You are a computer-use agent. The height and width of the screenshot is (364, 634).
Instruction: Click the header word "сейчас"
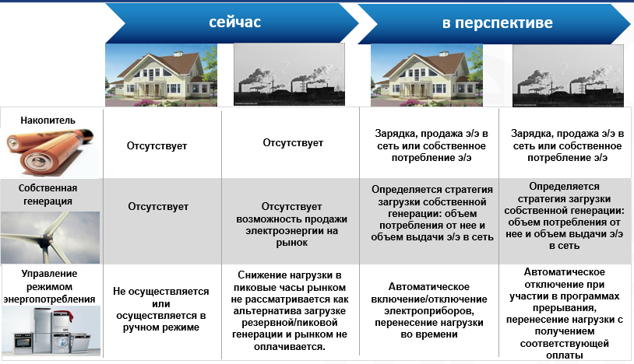tap(234, 23)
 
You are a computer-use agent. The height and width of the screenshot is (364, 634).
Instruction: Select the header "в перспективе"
tap(498, 23)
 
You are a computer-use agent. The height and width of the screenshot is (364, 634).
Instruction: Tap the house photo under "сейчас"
tap(161, 75)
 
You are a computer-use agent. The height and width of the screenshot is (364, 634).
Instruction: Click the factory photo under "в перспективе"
tap(568, 75)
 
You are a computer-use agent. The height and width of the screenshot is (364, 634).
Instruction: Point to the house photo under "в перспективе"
tap(427, 75)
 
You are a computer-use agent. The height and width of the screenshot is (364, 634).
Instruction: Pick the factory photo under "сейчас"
tap(289, 75)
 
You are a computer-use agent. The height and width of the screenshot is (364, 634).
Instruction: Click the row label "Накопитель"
tap(48, 121)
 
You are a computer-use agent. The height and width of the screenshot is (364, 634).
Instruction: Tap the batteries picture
tap(50, 152)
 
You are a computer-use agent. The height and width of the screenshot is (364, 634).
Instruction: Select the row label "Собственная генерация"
tap(48, 194)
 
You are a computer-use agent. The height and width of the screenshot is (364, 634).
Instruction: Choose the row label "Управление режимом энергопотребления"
tap(49, 286)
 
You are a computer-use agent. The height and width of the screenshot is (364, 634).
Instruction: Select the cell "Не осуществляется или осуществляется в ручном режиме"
tap(161, 309)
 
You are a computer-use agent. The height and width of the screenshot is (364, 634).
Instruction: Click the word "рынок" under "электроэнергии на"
tap(292, 243)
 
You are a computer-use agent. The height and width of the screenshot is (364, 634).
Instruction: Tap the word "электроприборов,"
tap(429, 311)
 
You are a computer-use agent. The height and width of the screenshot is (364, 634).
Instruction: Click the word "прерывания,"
tap(564, 308)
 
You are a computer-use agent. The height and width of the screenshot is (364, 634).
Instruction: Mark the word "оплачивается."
tap(290, 347)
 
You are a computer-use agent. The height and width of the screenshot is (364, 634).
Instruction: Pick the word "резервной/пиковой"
tap(290, 323)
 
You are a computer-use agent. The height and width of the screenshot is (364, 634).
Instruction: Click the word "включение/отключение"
tap(429, 299)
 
